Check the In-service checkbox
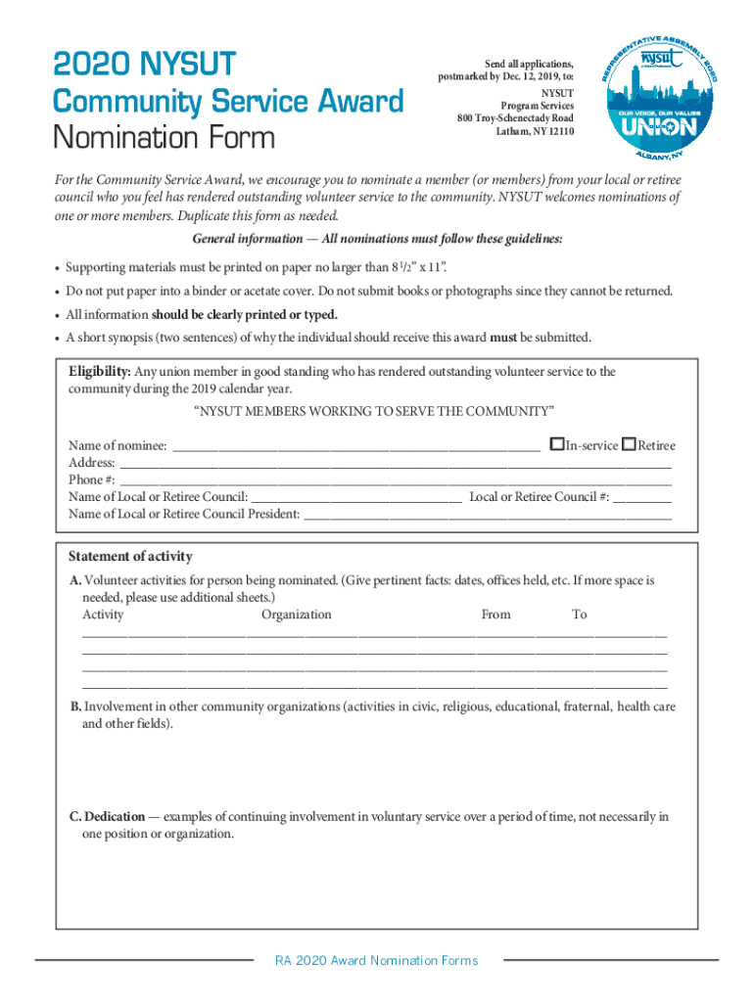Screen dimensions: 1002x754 (x=557, y=444)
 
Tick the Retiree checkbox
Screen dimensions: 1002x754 (x=629, y=444)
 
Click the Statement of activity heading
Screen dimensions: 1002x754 (x=130, y=557)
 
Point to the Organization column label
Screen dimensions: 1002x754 (x=297, y=615)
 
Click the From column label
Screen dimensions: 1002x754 (x=495, y=615)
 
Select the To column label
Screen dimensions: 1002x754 (x=580, y=615)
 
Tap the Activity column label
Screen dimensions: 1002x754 (x=103, y=615)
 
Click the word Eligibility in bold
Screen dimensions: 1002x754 (x=100, y=372)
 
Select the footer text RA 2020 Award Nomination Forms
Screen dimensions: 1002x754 (x=377, y=961)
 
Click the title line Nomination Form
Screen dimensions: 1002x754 (x=164, y=139)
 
